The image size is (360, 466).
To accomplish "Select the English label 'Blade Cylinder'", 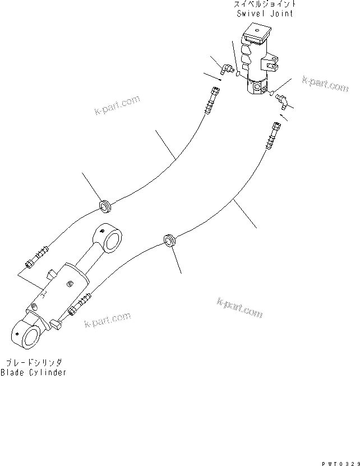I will [x=33, y=372].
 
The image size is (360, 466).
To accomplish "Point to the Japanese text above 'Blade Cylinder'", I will [x=34, y=363].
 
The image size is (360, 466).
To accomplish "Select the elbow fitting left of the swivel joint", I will [x=227, y=70].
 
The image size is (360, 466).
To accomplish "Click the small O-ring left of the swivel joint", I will [x=238, y=73].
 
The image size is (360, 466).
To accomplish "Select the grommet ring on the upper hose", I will [x=105, y=206].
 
